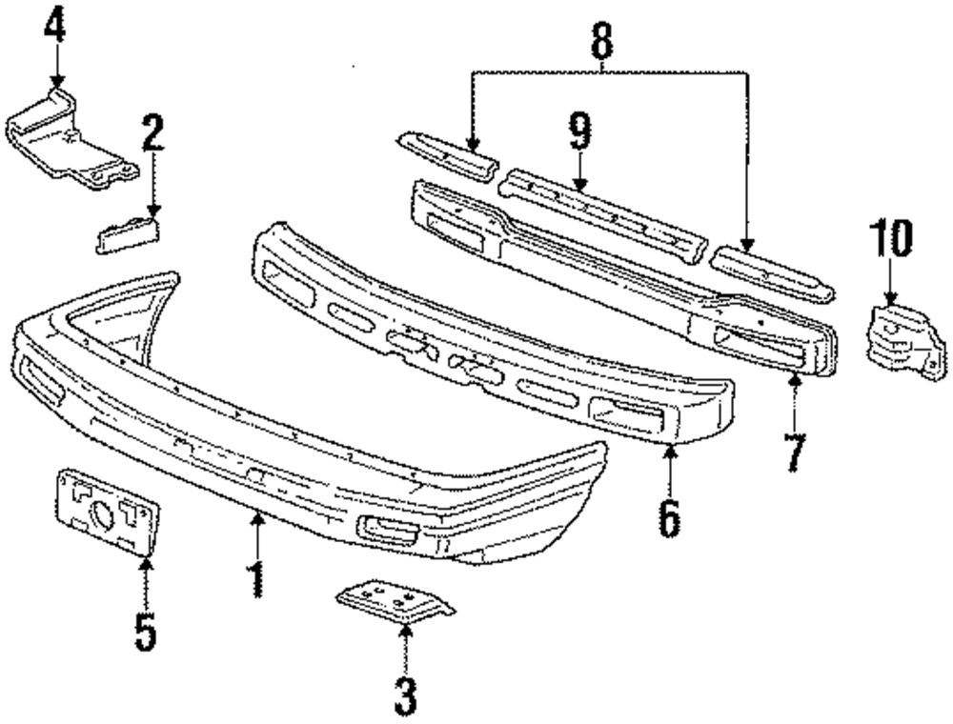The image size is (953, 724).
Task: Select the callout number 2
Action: pos(152,136)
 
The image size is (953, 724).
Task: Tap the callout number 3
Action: pos(405,696)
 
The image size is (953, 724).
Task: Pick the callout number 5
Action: pos(145,631)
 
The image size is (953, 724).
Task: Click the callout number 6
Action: pos(670,516)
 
